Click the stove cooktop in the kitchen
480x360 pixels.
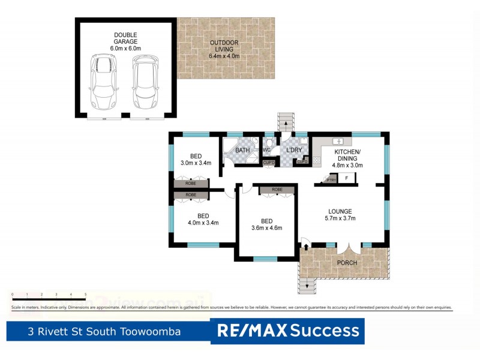pyautogui.click(x=316, y=159)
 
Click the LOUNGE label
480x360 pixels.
pyautogui.click(x=340, y=211)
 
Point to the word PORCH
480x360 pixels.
pyautogui.click(x=347, y=263)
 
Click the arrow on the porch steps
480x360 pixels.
pyautogui.click(x=308, y=286)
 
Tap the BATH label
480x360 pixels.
pyautogui.click(x=242, y=149)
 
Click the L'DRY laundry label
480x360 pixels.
pyautogui.click(x=293, y=149)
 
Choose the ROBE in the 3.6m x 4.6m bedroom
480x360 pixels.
pyautogui.click(x=277, y=190)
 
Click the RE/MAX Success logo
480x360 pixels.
pyautogui.click(x=288, y=331)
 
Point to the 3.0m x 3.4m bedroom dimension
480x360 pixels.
pyautogui.click(x=195, y=162)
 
